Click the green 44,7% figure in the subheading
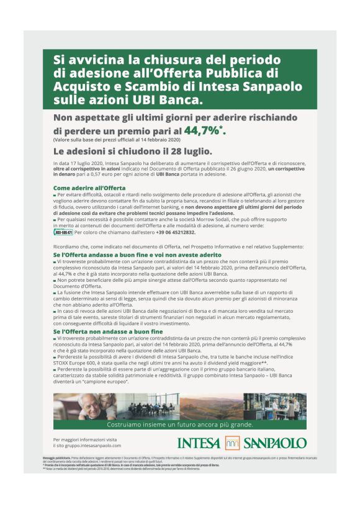(x=202, y=130)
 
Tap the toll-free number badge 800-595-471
(x=63, y=232)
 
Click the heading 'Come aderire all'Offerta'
(x=89, y=187)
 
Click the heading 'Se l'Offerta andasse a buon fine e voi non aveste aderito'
(x=137, y=254)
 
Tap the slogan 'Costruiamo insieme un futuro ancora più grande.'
(x=180, y=425)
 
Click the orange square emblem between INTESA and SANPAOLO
(x=232, y=443)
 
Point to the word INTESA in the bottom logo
(x=199, y=443)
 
